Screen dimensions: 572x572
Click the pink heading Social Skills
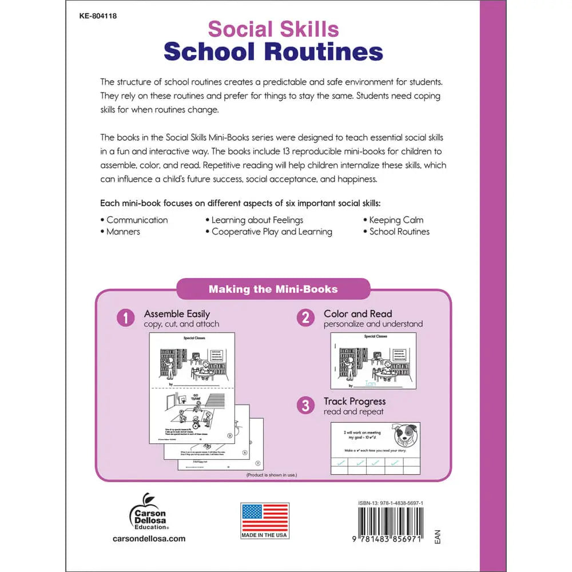tap(273, 29)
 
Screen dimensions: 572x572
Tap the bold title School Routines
tap(273, 51)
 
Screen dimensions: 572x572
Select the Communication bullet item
tap(137, 220)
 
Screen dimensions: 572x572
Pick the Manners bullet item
tap(123, 232)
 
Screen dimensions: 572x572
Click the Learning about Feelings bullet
tap(257, 220)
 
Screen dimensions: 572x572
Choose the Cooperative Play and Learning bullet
tap(271, 232)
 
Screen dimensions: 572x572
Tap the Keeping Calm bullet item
tap(396, 220)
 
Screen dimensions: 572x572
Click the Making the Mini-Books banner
tap(273, 289)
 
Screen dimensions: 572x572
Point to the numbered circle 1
tap(125, 318)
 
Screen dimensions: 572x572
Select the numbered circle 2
tap(305, 318)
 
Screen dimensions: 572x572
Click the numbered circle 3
tap(305, 406)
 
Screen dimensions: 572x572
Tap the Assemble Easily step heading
tap(177, 314)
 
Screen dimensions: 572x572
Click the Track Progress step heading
tap(355, 402)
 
